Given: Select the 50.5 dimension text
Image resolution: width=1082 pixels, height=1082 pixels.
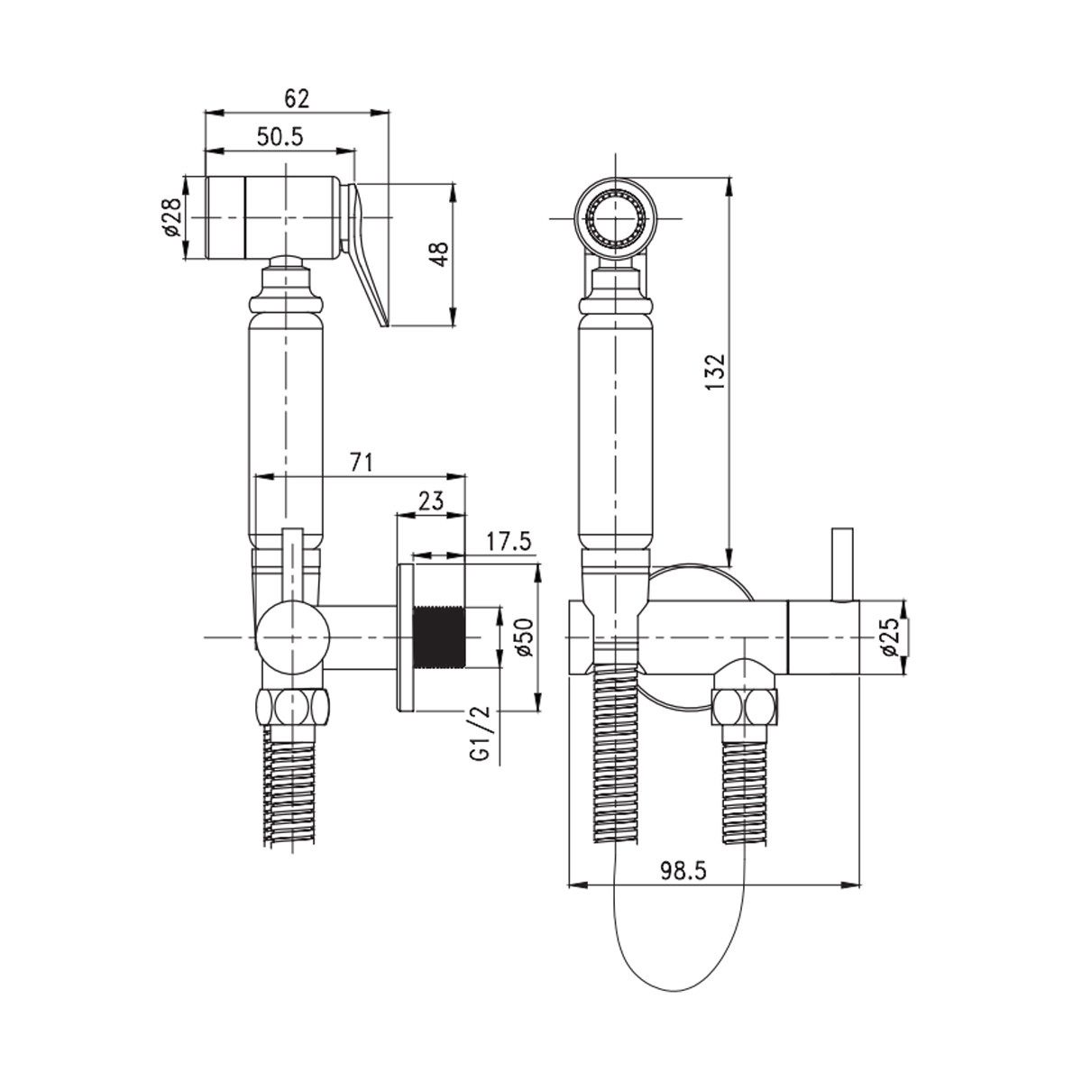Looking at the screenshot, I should (280, 137).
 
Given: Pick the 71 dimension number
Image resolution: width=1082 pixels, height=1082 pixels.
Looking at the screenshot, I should (361, 462).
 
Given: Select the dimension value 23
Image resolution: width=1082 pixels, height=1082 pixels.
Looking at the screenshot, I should (430, 501).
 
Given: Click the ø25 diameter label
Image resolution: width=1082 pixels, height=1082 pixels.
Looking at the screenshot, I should (891, 637).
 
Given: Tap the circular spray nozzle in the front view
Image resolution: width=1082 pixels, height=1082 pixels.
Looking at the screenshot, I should (614, 218).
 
